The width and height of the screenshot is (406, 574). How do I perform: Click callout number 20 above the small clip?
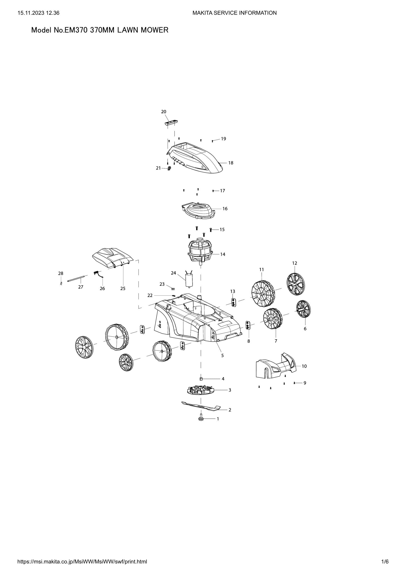click(x=163, y=111)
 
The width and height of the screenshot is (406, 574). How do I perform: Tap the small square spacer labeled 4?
click(x=201, y=379)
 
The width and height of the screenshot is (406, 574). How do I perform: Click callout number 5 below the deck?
click(x=222, y=356)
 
